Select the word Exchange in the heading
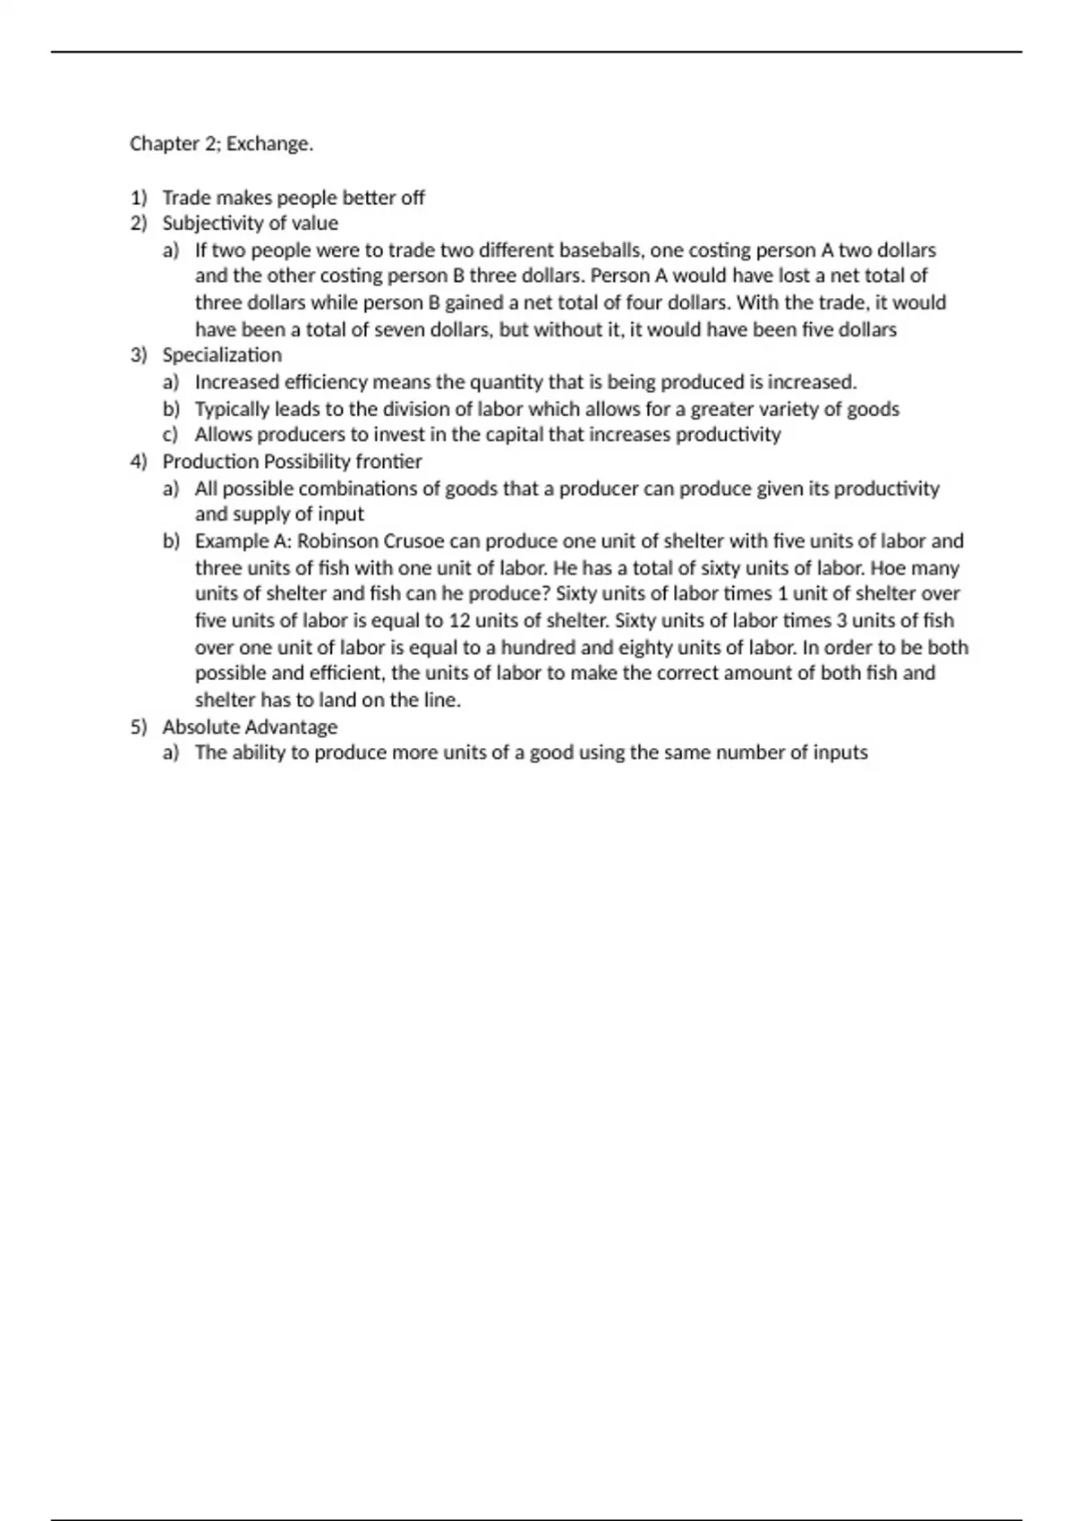pos(268,144)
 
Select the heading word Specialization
pos(222,355)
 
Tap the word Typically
pos(232,410)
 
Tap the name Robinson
pos(337,541)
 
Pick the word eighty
pos(649,648)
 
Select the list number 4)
pos(138,462)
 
